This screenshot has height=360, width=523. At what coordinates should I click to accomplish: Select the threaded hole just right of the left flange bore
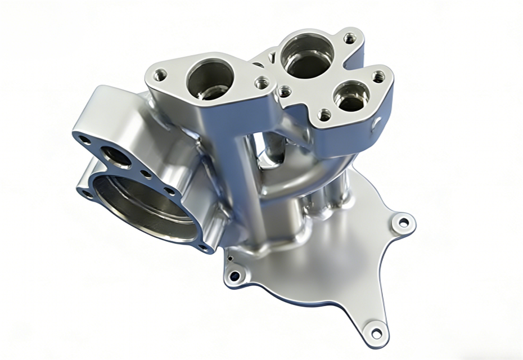tap(261, 83)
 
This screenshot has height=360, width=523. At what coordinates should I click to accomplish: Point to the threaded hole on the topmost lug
tap(350, 38)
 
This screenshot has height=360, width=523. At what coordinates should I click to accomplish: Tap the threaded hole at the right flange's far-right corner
tap(379, 75)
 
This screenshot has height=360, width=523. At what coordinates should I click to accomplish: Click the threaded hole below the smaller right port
tap(324, 115)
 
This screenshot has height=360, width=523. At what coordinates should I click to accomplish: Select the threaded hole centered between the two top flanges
tap(285, 91)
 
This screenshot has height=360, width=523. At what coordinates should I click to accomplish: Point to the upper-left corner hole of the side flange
tap(84, 138)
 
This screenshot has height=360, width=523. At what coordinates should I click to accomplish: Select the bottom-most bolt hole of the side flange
tap(204, 246)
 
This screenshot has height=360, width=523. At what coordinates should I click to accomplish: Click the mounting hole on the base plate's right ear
tap(403, 222)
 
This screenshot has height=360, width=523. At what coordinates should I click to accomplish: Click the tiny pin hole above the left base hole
tap(231, 259)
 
